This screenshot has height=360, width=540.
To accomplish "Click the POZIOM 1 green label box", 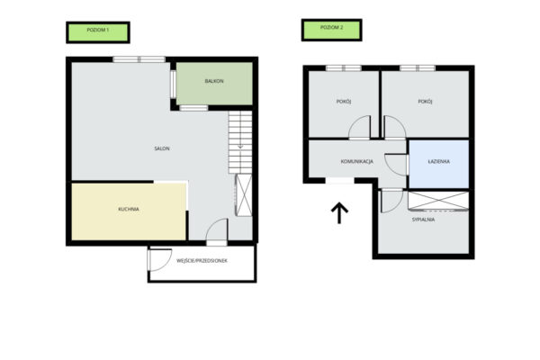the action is coord(98,32).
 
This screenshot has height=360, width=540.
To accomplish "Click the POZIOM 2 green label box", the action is coord(331,30).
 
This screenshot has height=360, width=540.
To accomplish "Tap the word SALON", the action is coord(162,148).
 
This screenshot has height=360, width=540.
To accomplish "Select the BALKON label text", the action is coord(214,81).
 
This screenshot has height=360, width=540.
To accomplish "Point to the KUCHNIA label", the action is coord(129,209).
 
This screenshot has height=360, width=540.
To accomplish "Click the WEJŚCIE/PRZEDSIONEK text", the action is coord(202,261).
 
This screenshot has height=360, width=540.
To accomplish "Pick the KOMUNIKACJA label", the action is coord(357,162).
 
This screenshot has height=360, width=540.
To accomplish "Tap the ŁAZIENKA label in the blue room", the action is coord(439,161).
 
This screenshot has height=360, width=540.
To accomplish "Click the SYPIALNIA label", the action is coord(423,220).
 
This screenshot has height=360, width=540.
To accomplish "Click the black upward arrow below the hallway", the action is coord(339,212).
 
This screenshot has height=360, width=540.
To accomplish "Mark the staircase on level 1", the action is coord(240,142).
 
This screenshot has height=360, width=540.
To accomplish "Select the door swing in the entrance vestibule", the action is coord(159,259).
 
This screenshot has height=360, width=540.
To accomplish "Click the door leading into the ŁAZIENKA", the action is coord(396,165).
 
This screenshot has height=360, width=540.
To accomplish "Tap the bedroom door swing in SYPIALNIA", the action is coord(391,201).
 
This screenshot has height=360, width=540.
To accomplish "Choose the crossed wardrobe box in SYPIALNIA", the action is coord(438,200).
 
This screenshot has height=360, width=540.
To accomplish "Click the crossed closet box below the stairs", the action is coord(244,195).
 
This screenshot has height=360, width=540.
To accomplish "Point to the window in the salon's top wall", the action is coord(139,59).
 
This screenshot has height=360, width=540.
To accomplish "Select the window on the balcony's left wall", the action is coord(173,85).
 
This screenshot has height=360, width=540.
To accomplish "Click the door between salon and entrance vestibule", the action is coord(217,232).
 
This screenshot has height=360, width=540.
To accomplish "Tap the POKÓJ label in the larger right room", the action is coord(425,102).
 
